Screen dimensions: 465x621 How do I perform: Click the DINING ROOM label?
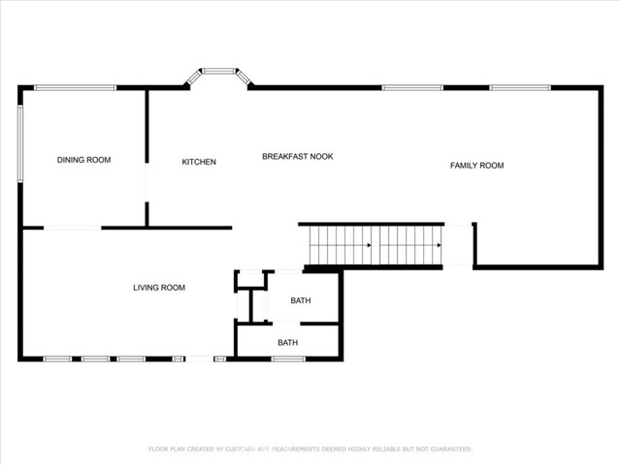83,160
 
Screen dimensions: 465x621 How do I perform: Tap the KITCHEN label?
199,162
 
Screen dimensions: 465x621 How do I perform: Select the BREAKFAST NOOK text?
297,156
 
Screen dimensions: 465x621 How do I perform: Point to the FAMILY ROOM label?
476,166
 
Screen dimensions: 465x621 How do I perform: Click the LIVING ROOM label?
159,288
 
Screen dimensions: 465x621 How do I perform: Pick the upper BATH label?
301,301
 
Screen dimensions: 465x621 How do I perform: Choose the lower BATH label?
288,343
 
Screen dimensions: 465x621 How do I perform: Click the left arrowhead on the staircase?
369,245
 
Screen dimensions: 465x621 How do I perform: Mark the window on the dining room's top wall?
75,88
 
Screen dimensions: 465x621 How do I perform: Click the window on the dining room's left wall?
20,142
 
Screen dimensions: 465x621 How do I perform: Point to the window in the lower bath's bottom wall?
288,358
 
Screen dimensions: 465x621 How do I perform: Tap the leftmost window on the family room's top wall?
412,88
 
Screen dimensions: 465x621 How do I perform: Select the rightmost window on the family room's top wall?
520,88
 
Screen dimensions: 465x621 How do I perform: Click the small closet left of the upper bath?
250,279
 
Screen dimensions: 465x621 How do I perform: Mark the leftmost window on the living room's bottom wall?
57,358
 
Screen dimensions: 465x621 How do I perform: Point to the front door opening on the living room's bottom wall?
199,358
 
